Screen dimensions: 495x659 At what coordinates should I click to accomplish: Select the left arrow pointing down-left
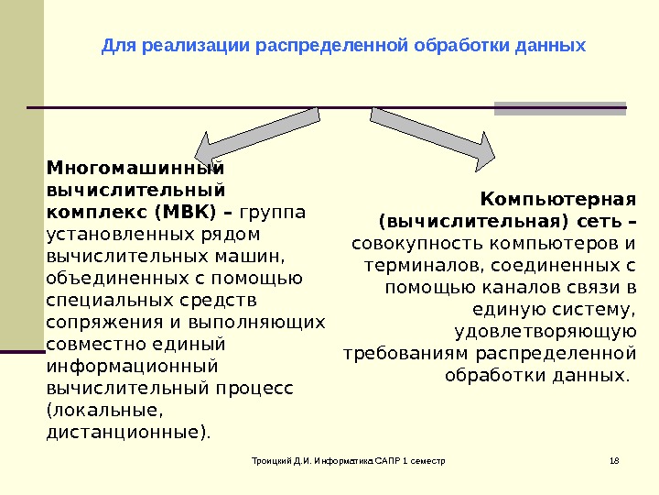257,137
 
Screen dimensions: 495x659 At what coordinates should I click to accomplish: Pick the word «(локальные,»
90,410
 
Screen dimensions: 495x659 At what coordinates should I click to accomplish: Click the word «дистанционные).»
127,432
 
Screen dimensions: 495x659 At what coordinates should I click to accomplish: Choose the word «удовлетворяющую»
545,332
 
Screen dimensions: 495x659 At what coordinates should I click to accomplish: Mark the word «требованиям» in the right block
405,354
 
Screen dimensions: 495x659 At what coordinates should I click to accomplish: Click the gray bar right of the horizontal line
560,108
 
